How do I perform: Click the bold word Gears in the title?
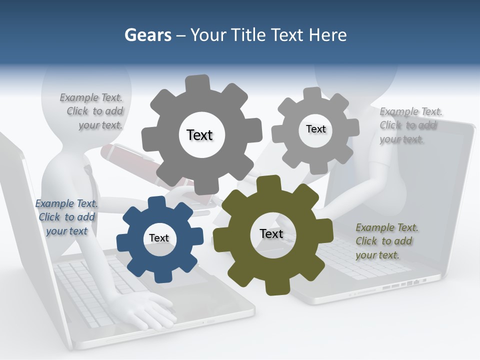[147, 35]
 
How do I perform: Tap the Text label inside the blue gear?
[159, 238]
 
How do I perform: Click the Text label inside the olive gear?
[271, 234]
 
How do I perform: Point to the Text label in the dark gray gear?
[199, 135]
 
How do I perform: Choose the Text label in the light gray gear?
[315, 129]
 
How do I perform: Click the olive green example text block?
[386, 241]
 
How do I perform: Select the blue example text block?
[66, 217]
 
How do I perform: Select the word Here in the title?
[328, 35]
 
